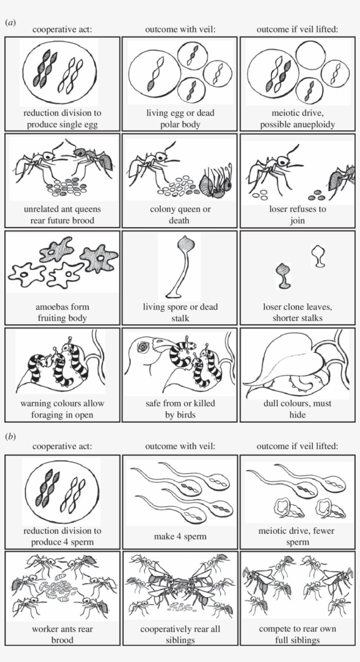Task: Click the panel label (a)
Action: pos(10,22)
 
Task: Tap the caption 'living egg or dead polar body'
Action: pos(180,119)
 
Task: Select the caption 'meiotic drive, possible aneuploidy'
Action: pos(297,119)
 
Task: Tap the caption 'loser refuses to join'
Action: pos(297,214)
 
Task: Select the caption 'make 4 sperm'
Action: pos(180,536)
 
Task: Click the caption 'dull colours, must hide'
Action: pos(297,409)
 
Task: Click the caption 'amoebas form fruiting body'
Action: pos(62,312)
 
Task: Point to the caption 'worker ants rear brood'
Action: pos(62,634)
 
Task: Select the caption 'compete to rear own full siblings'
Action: pos(297,634)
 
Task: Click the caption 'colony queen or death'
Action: pos(180,214)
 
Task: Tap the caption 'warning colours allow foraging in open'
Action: pos(62,409)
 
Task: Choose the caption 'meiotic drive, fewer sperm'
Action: pos(297,536)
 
